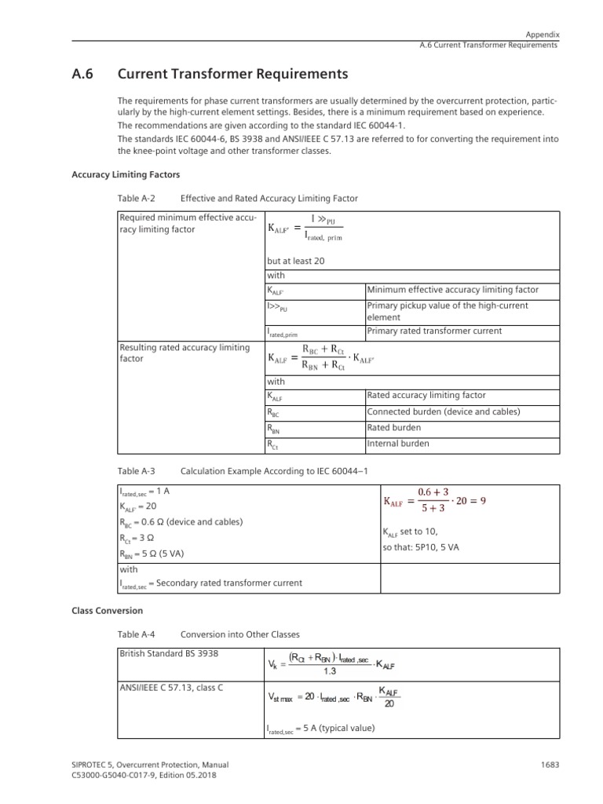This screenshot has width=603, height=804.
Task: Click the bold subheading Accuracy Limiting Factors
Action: coord(118,174)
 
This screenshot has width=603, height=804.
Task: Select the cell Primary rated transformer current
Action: coord(434,331)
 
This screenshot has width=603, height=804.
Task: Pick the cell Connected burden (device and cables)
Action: coord(444,412)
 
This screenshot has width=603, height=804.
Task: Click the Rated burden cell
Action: coord(393,428)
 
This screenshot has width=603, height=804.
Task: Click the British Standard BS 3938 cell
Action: coord(168,653)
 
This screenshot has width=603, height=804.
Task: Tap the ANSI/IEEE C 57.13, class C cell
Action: coord(170,688)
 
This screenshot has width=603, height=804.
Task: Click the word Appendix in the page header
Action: coord(543,35)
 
